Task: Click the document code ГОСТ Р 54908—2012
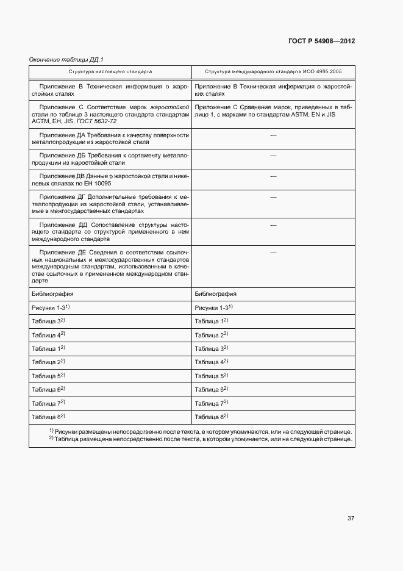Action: pyautogui.click(x=321, y=41)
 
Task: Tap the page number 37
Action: pyautogui.click(x=351, y=518)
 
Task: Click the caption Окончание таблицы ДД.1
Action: pyautogui.click(x=67, y=59)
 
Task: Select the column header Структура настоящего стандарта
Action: pyautogui.click(x=110, y=71)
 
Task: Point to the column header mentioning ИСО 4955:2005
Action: pyautogui.click(x=274, y=71)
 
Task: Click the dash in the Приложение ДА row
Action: pyautogui.click(x=273, y=135)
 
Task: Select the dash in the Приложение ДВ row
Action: pyautogui.click(x=273, y=176)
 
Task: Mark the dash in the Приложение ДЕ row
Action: pyautogui.click(x=273, y=252)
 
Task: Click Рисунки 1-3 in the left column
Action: pyautogui.click(x=50, y=307)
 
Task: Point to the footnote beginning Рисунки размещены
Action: pyautogui.click(x=201, y=431)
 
